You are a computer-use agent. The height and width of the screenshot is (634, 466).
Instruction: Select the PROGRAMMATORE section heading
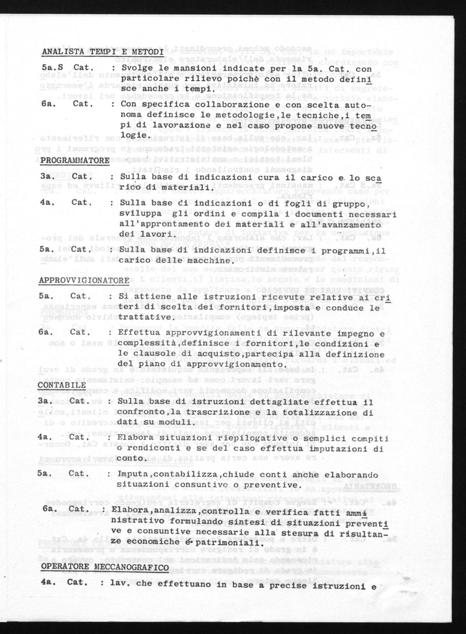[75, 161]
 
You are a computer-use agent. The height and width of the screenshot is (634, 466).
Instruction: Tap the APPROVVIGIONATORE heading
[84, 280]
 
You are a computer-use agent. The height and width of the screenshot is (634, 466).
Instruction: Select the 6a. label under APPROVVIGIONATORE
[45, 332]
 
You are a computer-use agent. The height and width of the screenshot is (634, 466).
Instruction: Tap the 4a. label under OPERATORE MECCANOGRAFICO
[47, 582]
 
